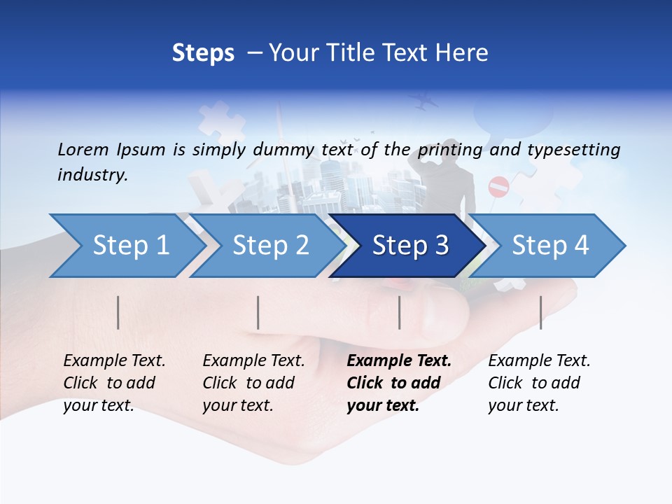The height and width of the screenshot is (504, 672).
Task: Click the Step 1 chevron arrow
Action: (129, 246)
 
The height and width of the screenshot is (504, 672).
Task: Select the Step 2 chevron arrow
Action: (269, 246)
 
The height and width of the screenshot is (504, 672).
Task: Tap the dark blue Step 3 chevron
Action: (409, 246)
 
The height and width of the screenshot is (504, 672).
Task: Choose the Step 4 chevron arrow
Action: (549, 246)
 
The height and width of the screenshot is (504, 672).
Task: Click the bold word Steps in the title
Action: (203, 52)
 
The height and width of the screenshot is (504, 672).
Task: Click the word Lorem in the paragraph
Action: (83, 149)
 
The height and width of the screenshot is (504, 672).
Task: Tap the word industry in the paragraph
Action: (92, 175)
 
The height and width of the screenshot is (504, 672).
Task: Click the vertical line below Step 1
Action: (118, 312)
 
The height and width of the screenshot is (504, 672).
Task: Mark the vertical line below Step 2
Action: (258, 312)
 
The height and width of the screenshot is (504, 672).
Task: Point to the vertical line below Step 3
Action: (399, 312)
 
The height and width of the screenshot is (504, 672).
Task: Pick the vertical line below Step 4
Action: (540, 312)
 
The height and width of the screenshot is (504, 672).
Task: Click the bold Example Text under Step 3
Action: (399, 361)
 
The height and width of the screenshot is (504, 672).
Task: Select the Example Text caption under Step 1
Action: (114, 361)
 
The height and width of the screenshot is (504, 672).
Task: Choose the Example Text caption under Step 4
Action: (539, 361)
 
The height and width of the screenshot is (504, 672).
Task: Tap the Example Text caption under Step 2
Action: (253, 361)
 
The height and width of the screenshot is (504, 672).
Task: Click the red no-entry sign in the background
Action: (498, 187)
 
